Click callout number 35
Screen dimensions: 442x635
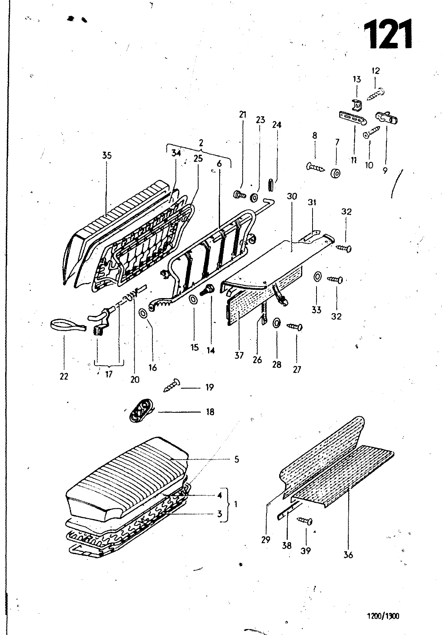(107, 155)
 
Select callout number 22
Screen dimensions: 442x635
(64, 376)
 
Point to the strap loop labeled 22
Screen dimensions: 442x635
(68, 325)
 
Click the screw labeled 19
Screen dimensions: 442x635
(172, 385)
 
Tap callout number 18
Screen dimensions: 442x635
(210, 412)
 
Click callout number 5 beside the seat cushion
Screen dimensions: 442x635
(237, 459)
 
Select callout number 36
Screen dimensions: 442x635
(348, 554)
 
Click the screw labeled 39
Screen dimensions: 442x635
(305, 521)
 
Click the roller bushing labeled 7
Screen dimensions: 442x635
(336, 173)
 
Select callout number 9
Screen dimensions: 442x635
(385, 170)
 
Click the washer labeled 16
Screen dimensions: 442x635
(143, 314)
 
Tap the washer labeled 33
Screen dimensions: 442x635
(317, 276)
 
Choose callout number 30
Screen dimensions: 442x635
(292, 196)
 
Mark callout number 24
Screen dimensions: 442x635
(277, 125)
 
